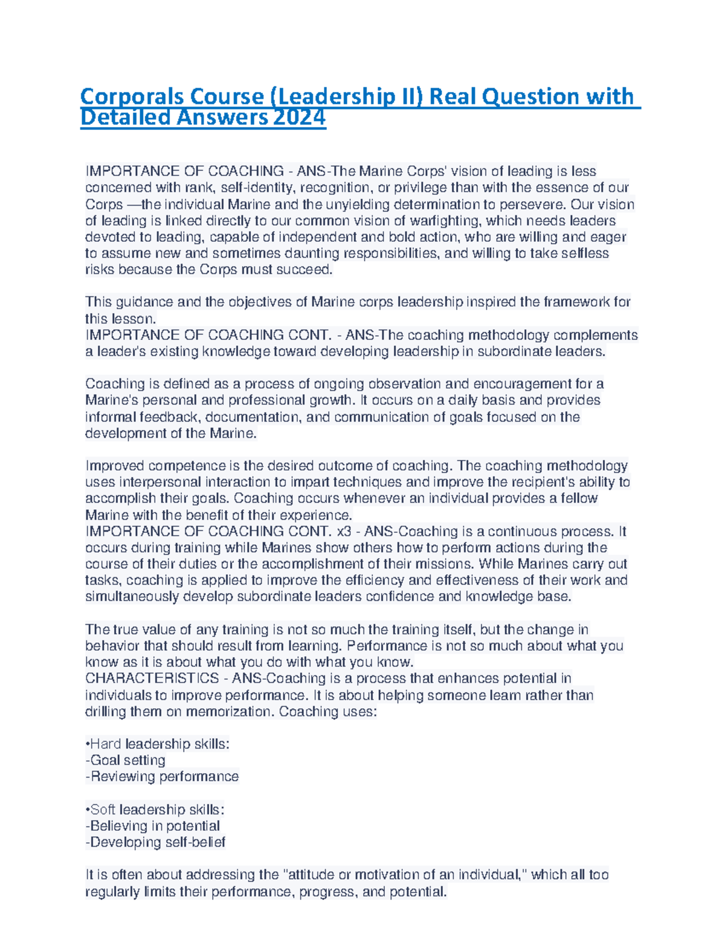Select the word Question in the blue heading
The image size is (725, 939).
[x=528, y=96]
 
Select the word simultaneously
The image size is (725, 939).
[x=132, y=597]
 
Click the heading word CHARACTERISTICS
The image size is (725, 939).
[x=152, y=678]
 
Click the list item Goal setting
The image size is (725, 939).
[x=126, y=760]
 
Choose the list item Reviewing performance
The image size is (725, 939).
[x=163, y=776]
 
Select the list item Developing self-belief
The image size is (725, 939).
[x=156, y=842]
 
